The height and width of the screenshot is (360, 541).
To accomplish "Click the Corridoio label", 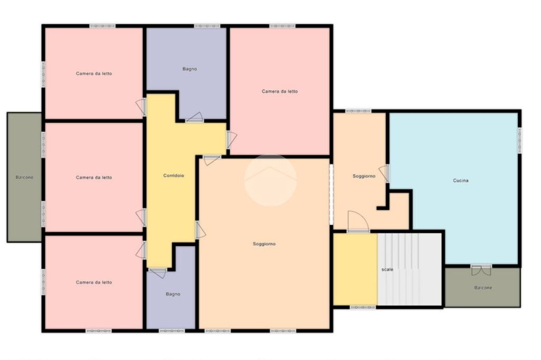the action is click(173, 176).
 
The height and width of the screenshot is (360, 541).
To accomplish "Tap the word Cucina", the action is click(461, 181).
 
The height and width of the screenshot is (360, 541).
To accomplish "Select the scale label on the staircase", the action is click(387, 269).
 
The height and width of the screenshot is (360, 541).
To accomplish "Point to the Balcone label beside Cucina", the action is click(483, 288).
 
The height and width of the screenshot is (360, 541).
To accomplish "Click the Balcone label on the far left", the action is click(24, 177).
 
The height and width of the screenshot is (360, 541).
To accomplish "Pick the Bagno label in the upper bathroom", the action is click(190, 69).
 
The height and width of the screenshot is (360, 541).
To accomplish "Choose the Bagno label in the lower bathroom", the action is click(173, 294).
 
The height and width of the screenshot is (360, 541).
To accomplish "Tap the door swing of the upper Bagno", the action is click(194, 118).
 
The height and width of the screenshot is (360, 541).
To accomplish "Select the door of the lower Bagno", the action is click(157, 273).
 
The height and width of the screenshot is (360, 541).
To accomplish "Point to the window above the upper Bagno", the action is click(207, 26).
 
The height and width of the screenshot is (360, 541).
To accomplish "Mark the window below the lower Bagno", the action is click(172, 331).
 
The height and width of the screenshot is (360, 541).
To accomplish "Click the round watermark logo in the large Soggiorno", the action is click(270, 181).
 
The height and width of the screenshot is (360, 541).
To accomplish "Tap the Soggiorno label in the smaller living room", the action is click(363, 176).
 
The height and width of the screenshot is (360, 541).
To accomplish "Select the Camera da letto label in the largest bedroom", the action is click(279, 91).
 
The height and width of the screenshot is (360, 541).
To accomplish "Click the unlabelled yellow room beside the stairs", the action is click(355, 269).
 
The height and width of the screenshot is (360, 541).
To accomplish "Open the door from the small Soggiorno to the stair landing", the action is click(359, 221).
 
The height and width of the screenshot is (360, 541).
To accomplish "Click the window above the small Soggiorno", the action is click(359, 111).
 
